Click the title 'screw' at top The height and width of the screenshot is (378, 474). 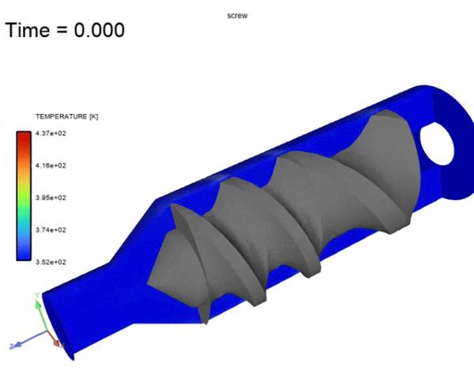pyautogui.click(x=237, y=16)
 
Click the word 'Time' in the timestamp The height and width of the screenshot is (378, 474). pyautogui.click(x=28, y=30)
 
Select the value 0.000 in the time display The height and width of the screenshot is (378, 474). pyautogui.click(x=100, y=30)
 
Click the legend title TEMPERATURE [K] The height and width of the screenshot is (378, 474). pyautogui.click(x=67, y=116)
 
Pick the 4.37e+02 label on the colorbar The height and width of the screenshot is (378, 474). pyautogui.click(x=51, y=133)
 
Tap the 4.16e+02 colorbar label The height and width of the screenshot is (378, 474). pyautogui.click(x=51, y=165)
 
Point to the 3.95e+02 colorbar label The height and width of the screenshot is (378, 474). pyautogui.click(x=51, y=198)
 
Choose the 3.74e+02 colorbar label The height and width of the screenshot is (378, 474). pyautogui.click(x=51, y=229)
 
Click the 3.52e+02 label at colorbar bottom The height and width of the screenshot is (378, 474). pyautogui.click(x=51, y=262)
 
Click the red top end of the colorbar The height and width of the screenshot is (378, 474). pyautogui.click(x=24, y=136)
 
